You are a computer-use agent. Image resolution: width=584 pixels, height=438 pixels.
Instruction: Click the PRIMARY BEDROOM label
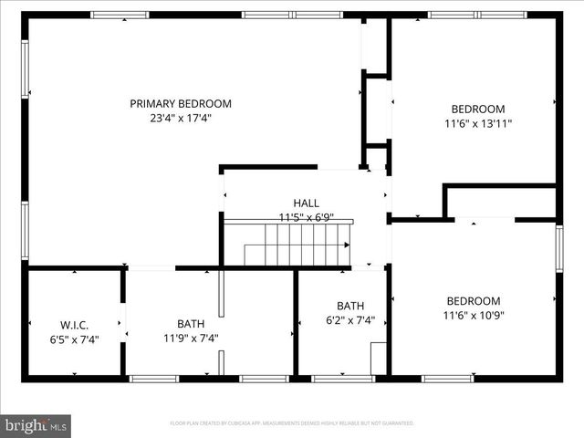click(x=180, y=104)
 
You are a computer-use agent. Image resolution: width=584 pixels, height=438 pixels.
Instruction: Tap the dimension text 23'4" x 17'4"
click(x=180, y=119)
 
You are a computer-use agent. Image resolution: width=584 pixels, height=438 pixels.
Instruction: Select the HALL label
click(x=306, y=203)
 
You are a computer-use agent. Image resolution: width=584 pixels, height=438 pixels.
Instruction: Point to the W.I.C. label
click(x=74, y=324)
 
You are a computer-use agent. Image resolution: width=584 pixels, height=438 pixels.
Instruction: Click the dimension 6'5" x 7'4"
click(x=74, y=339)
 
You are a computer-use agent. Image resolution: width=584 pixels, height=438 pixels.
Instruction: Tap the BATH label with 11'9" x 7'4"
click(x=191, y=323)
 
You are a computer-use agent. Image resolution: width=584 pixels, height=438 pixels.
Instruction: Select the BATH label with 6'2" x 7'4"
click(x=350, y=306)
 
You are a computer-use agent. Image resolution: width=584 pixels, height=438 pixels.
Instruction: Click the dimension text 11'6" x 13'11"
click(x=478, y=123)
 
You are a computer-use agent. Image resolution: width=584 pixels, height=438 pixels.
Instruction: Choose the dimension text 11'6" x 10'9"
click(x=473, y=316)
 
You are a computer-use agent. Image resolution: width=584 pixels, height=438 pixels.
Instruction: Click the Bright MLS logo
click(x=36, y=424)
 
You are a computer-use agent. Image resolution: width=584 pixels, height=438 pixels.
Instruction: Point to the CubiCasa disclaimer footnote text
click(x=292, y=423)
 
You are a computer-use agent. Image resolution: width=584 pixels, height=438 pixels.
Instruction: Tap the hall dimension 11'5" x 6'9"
click(x=306, y=217)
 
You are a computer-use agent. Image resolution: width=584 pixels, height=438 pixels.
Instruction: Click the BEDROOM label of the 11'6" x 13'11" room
click(x=478, y=109)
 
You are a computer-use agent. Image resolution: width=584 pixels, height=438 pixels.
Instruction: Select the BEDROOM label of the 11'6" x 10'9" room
click(x=473, y=301)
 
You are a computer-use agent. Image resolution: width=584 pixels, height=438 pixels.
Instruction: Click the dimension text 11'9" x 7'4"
click(x=191, y=338)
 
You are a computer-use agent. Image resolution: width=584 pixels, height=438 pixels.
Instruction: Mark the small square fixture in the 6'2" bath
click(x=378, y=358)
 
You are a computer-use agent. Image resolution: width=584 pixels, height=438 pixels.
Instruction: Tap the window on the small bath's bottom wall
click(x=342, y=378)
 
